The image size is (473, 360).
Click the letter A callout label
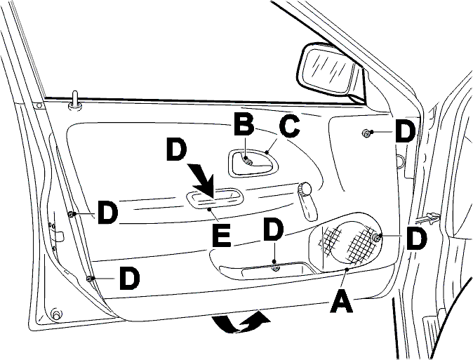[x=342, y=300]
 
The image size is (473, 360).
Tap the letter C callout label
[x=289, y=127]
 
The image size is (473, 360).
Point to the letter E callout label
[x=221, y=235]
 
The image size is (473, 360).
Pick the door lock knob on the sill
[x=74, y=100]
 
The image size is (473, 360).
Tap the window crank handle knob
[x=305, y=189]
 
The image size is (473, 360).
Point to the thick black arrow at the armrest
[x=202, y=180]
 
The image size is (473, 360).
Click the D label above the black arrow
[x=178, y=149]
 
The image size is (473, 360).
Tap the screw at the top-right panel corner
[x=366, y=133]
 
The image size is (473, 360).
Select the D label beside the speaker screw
[x=416, y=239]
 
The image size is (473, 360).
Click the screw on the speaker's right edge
[x=376, y=238]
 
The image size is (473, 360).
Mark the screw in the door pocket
[x=275, y=267]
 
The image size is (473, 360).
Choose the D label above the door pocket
[x=273, y=230]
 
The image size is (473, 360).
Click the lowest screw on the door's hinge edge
[x=90, y=279]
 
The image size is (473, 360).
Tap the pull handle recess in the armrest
[x=215, y=199]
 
